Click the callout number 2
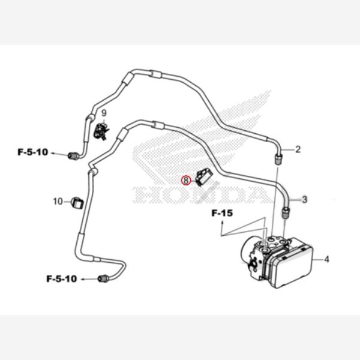click(x=298, y=149)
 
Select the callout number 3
click(x=304, y=200)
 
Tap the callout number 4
click(x=328, y=260)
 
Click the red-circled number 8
click(x=186, y=179)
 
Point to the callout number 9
click(x=103, y=113)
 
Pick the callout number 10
click(x=58, y=201)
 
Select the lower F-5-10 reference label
click(x=62, y=278)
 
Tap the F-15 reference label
click(x=221, y=213)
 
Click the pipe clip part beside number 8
click(x=204, y=177)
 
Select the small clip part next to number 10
click(x=77, y=202)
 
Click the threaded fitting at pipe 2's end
click(x=278, y=158)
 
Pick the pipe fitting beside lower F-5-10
click(x=104, y=278)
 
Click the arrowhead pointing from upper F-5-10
click(x=54, y=154)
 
